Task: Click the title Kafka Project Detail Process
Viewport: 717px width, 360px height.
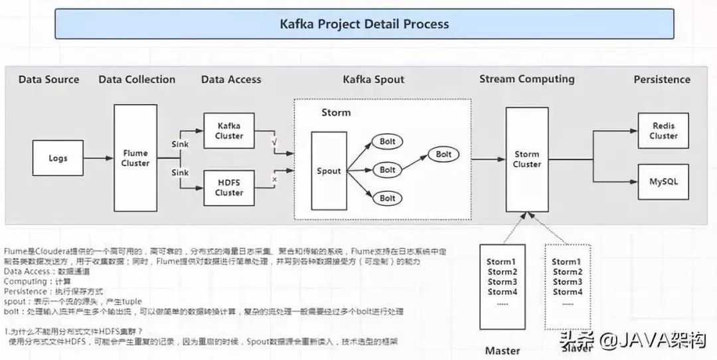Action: tap(364, 24)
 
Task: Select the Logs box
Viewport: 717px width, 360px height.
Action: tap(58, 159)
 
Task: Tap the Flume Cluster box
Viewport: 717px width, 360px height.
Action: tap(135, 158)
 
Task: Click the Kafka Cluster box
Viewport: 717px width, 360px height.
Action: tap(229, 131)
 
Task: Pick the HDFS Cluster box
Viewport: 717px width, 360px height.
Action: tap(229, 187)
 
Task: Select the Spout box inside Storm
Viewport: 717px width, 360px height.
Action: tap(328, 171)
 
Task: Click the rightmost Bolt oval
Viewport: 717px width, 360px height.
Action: tap(443, 155)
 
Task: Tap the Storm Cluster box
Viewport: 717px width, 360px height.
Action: tap(527, 159)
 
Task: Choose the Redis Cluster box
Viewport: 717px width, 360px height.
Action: tap(663, 131)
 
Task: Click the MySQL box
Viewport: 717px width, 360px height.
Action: tap(663, 181)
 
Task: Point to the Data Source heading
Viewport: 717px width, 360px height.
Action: tap(48, 80)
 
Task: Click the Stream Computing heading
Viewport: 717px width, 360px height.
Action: tap(527, 79)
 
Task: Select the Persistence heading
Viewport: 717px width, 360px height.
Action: tap(662, 80)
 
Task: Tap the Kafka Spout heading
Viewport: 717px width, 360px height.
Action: tap(374, 80)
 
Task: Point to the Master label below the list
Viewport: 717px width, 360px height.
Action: tap(502, 350)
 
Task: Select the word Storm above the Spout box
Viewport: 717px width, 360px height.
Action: tap(336, 112)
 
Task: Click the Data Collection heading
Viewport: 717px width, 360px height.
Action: tap(137, 80)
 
